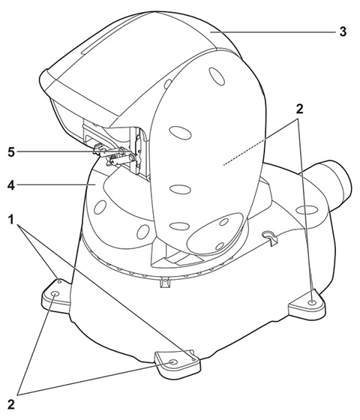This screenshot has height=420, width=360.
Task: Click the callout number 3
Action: (343, 31)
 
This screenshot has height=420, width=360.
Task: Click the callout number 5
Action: (11, 152)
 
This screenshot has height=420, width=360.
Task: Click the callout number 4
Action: (11, 185)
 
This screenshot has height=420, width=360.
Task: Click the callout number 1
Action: (11, 220)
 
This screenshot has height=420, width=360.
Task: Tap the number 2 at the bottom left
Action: (11, 404)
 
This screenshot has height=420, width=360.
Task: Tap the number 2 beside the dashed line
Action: (299, 109)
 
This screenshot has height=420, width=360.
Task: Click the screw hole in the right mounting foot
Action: (311, 302)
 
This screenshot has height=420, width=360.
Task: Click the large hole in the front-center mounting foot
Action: (174, 361)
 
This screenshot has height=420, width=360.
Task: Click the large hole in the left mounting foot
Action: (55, 293)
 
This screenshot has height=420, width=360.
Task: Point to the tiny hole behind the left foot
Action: (60, 281)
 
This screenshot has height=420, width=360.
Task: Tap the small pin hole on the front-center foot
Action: (194, 358)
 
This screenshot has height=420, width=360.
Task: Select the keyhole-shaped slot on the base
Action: (271, 237)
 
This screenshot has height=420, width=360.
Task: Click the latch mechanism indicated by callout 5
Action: (115, 154)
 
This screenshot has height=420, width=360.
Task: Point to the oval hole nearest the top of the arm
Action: (217, 76)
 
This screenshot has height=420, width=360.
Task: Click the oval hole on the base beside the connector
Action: (306, 209)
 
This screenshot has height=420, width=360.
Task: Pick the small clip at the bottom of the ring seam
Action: (166, 283)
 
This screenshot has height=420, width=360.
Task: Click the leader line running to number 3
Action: (273, 32)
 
